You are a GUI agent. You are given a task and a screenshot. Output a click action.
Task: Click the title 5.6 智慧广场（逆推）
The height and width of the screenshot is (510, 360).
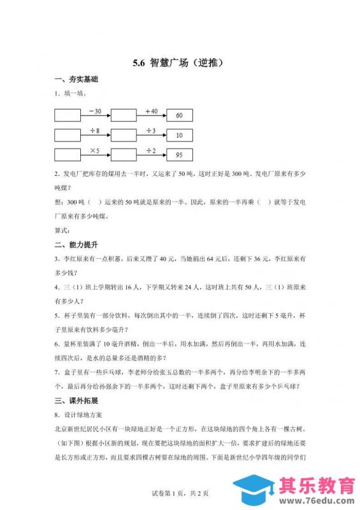pos(180,62)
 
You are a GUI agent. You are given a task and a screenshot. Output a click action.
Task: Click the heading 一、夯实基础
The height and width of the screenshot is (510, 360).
pos(77,80)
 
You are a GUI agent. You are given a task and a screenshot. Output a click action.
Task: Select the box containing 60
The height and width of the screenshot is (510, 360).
pos(179,115)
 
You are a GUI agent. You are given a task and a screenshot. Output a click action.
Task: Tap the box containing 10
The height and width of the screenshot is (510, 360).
pos(179,135)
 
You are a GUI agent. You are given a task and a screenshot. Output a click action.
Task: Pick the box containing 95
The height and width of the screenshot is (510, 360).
pos(179,155)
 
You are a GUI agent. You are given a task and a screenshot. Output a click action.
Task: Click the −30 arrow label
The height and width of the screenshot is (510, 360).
pos(95,110)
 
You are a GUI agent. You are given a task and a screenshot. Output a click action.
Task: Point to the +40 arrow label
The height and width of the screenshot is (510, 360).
pos(150,110)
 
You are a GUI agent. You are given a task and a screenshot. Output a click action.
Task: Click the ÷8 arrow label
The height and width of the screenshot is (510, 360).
pos(95,130)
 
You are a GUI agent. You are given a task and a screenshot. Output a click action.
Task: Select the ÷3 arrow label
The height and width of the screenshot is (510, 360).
pos(150,130)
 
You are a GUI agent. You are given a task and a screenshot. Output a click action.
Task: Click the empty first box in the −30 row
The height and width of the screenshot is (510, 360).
pos(68,115)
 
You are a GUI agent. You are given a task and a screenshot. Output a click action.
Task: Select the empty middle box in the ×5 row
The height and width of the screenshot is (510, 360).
pos(123,155)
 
